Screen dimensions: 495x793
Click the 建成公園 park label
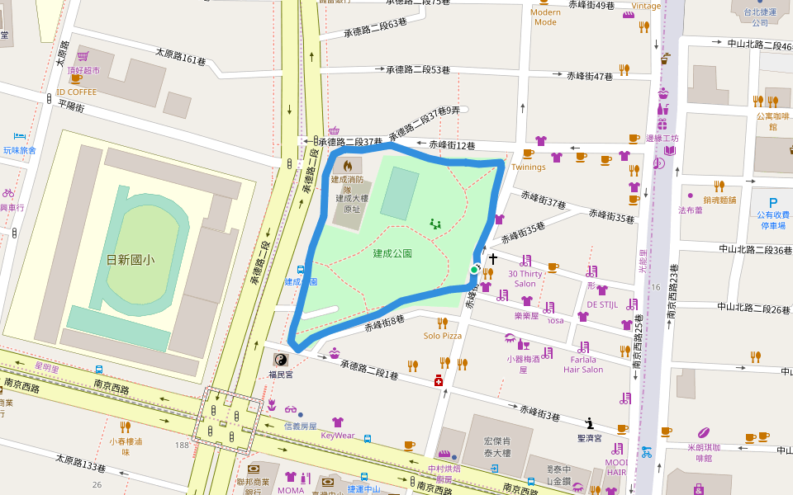click(392, 253)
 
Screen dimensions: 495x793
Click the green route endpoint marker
click(474, 270)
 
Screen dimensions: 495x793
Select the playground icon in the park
click(435, 223)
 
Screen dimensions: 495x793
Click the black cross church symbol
click(493, 259)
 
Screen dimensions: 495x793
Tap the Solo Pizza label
click(442, 336)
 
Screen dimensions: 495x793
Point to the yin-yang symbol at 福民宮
click(281, 360)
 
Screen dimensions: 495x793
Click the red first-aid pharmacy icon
click(439, 380)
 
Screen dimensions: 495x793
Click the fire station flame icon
click(347, 165)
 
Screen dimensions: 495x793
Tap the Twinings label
click(529, 167)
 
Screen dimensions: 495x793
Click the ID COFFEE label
click(77, 92)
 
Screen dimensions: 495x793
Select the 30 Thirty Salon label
click(525, 278)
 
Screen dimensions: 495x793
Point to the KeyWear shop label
click(337, 435)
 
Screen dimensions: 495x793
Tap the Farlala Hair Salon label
click(582, 364)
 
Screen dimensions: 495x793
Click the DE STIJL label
click(602, 304)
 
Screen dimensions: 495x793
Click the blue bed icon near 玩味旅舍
click(20, 136)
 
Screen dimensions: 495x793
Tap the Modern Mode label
click(545, 16)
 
